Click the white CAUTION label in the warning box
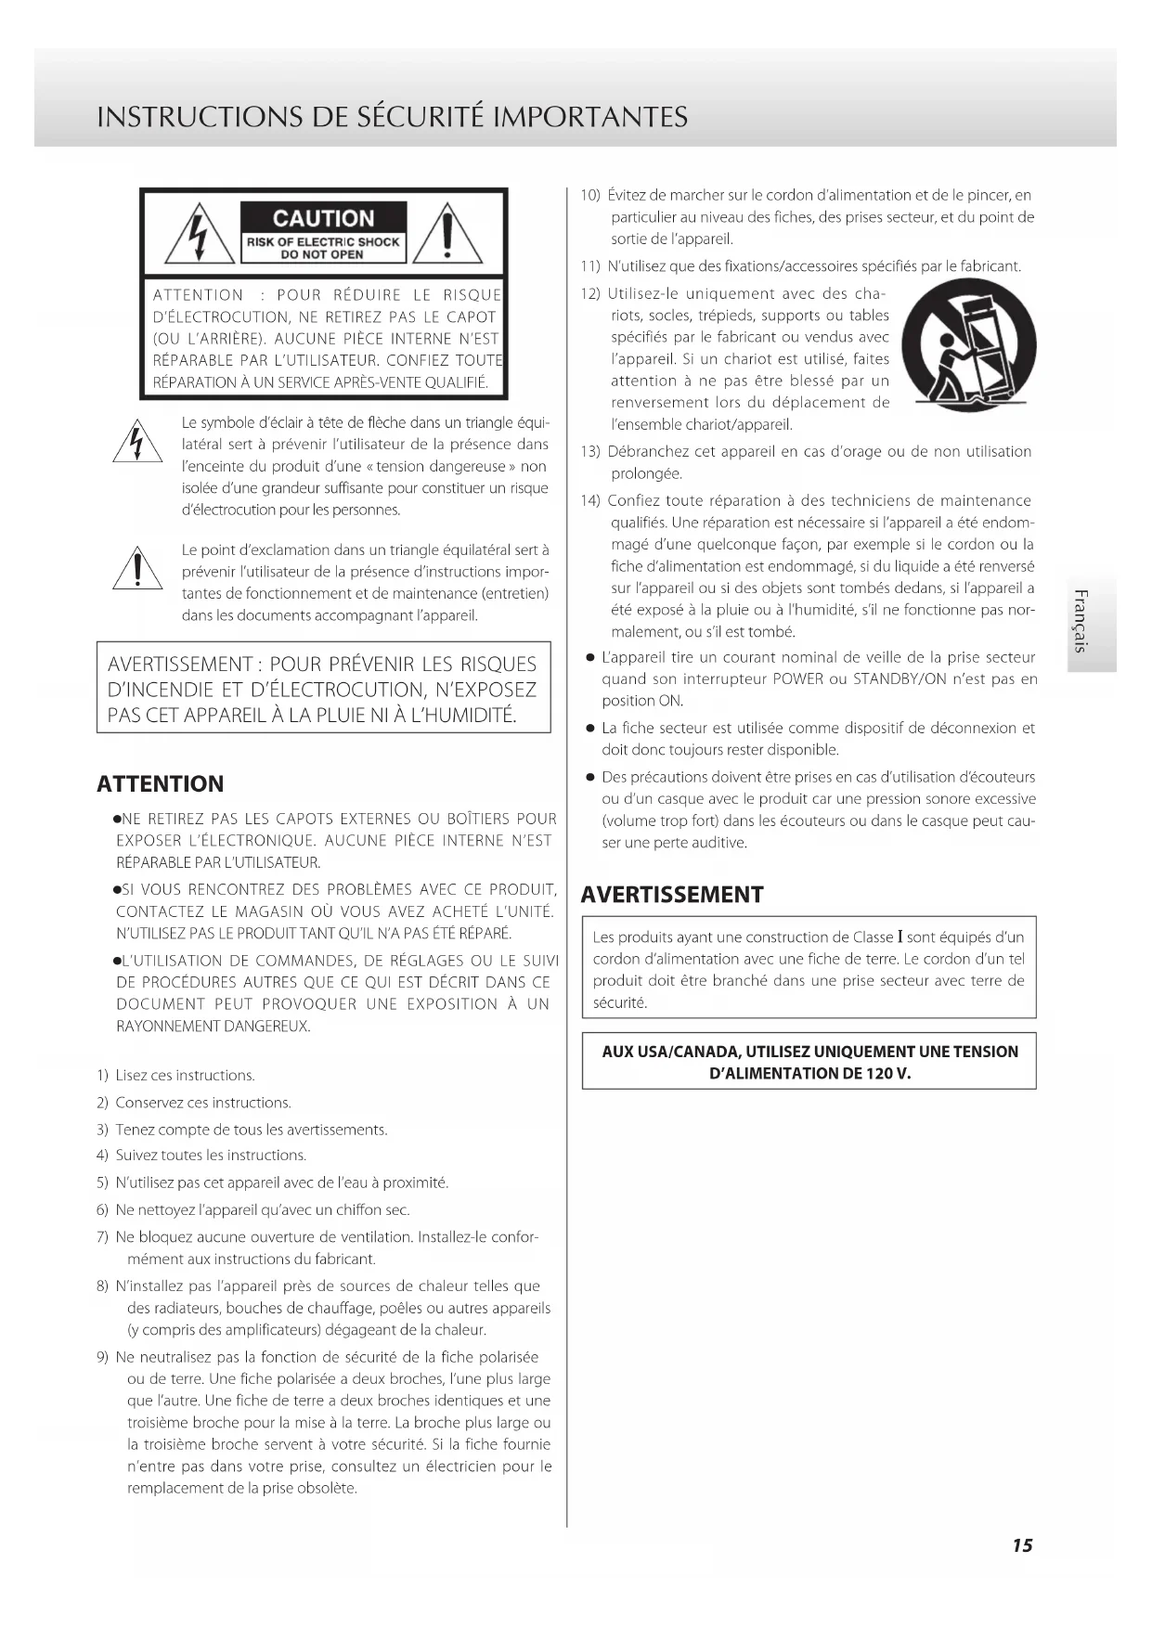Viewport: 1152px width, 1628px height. point(323,218)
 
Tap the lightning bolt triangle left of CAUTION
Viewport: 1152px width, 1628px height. point(199,236)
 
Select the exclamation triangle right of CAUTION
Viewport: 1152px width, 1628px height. point(447,236)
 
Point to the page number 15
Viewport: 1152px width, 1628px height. point(1022,1544)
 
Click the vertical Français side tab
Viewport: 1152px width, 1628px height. point(1080,620)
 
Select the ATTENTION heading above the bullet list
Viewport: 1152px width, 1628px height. point(161,784)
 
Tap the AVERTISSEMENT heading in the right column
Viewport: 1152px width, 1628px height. point(672,895)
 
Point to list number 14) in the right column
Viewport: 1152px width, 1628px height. point(590,501)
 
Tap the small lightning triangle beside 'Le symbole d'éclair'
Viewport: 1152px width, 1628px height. point(137,442)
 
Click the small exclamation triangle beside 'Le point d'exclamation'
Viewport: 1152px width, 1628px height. point(137,568)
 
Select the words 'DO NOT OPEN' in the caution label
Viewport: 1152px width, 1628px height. point(322,254)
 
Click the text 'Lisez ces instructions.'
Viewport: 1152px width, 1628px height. point(185,1076)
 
